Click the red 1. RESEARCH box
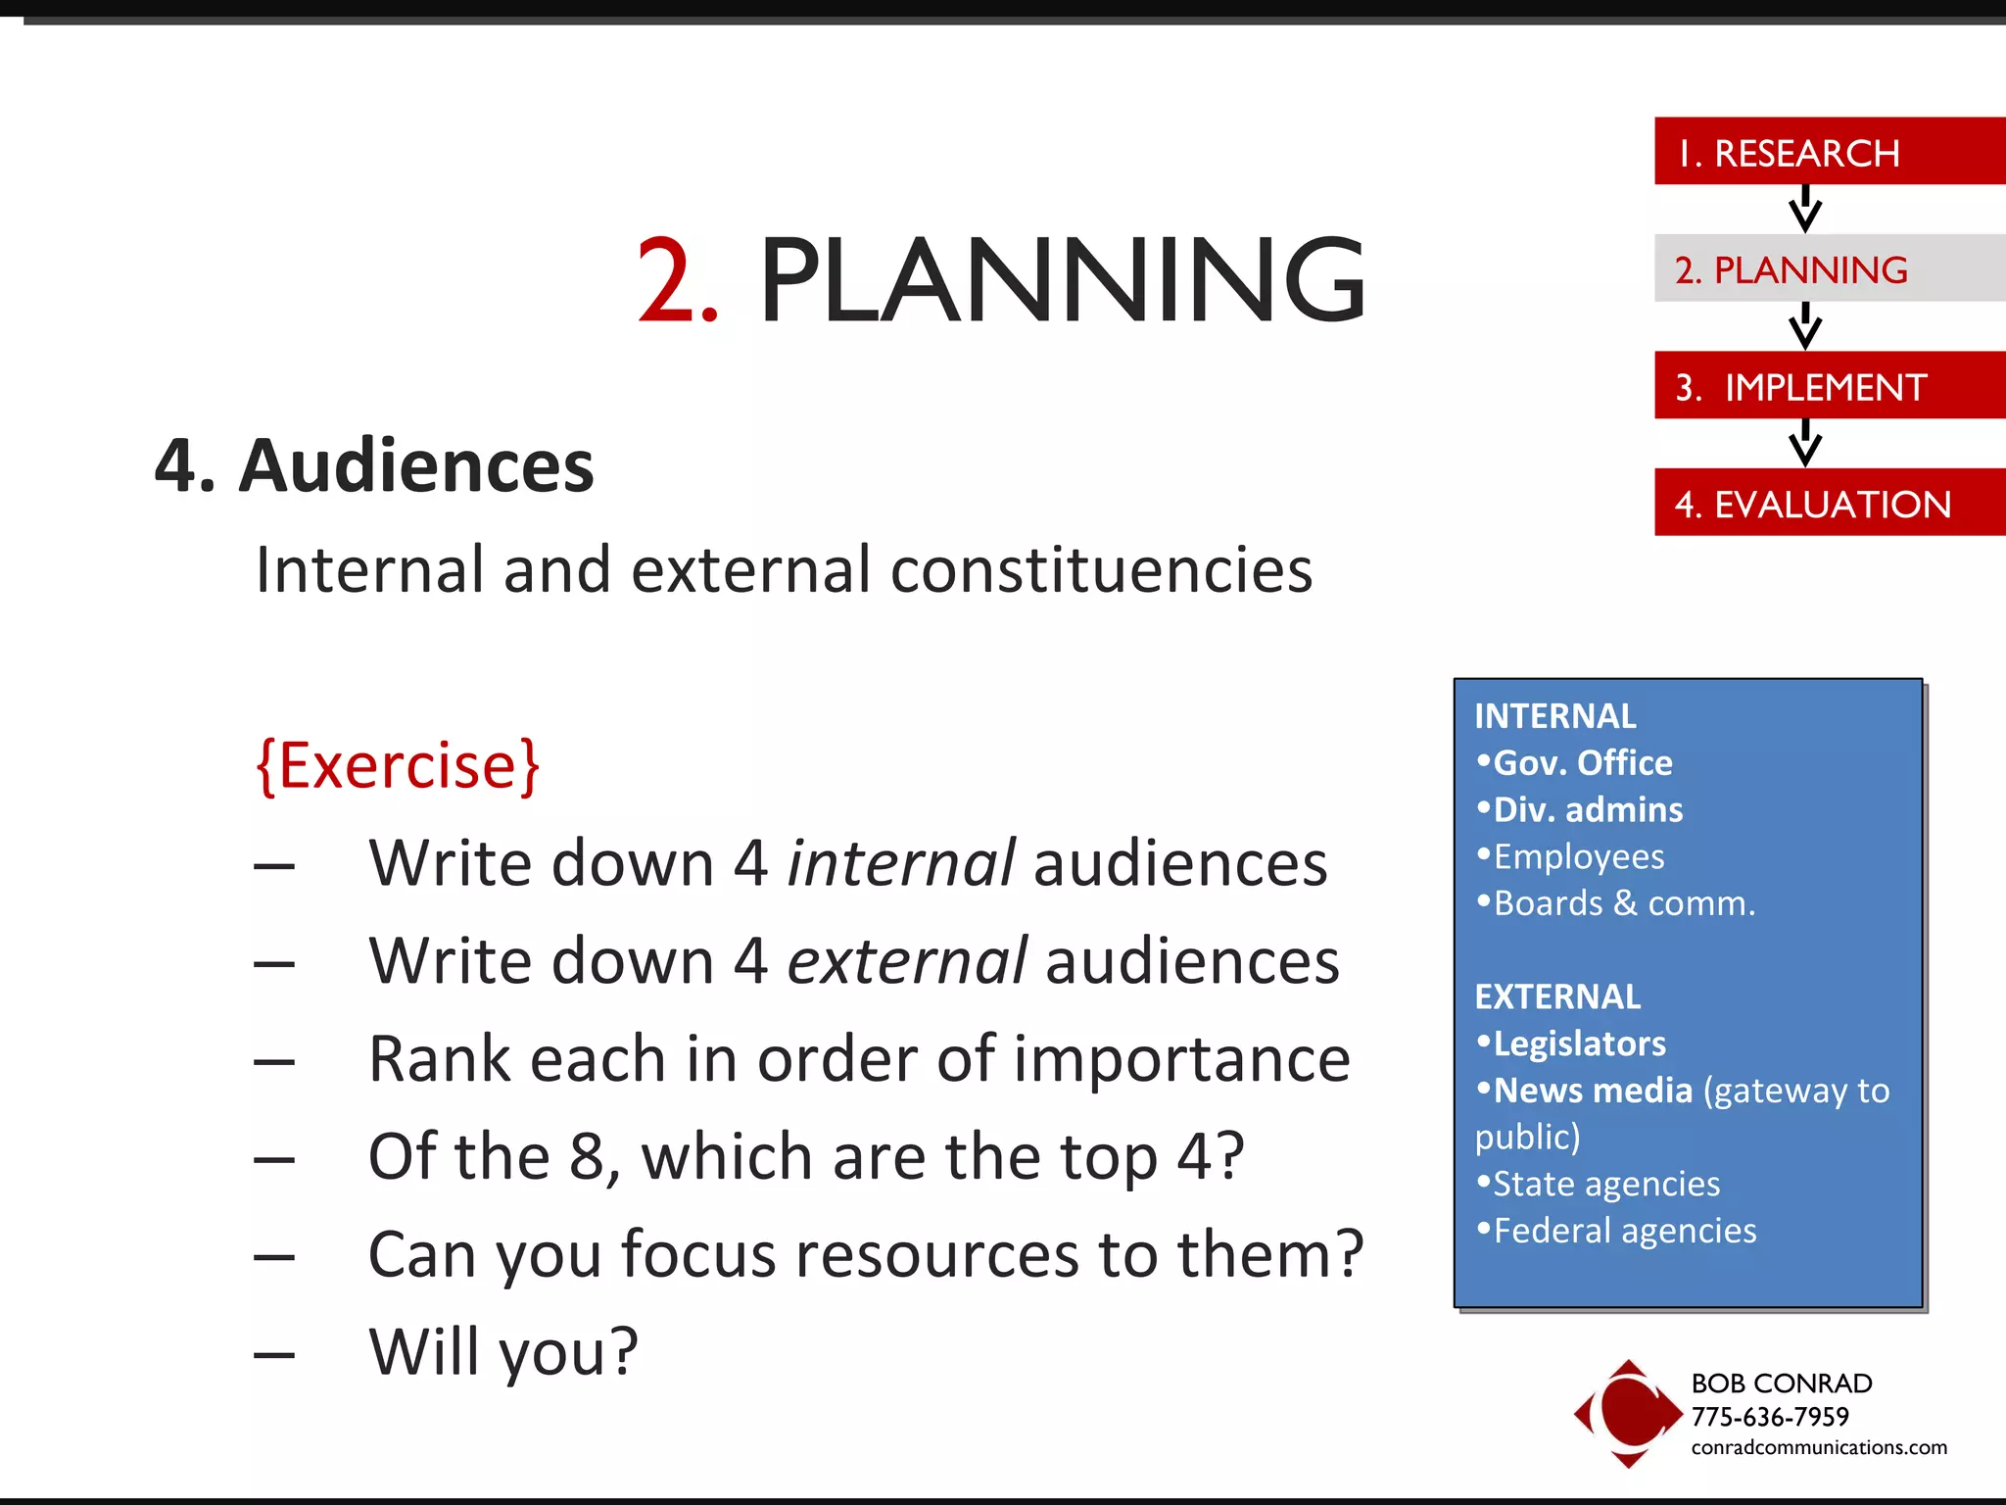pyautogui.click(x=1828, y=152)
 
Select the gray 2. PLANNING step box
pyautogui.click(x=1828, y=268)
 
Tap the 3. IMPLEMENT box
pyautogui.click(x=1828, y=386)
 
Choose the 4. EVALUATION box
pyautogui.click(x=1828, y=503)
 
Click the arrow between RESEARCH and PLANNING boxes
pyautogui.click(x=1804, y=209)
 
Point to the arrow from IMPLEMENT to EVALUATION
pyautogui.click(x=1804, y=443)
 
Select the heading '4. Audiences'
pyautogui.click(x=374, y=465)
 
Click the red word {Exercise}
pyautogui.click(x=398, y=765)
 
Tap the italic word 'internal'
pyautogui.click(x=901, y=863)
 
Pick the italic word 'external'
pyautogui.click(x=907, y=961)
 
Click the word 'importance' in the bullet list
pyautogui.click(x=1181, y=1059)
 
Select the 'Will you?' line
pyautogui.click(x=502, y=1352)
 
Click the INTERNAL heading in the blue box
pyautogui.click(x=1554, y=716)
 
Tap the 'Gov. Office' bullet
pyautogui.click(x=1581, y=762)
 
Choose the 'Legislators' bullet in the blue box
pyautogui.click(x=1578, y=1044)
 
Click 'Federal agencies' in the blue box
pyautogui.click(x=1623, y=1231)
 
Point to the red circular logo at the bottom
pyautogui.click(x=1628, y=1413)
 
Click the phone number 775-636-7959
pyautogui.click(x=1769, y=1417)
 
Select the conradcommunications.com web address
pyautogui.click(x=1818, y=1447)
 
